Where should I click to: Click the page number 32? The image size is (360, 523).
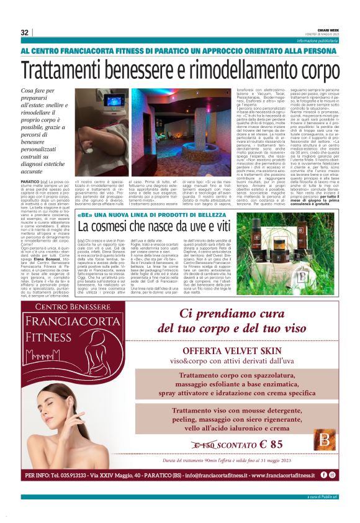tap(25, 32)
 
